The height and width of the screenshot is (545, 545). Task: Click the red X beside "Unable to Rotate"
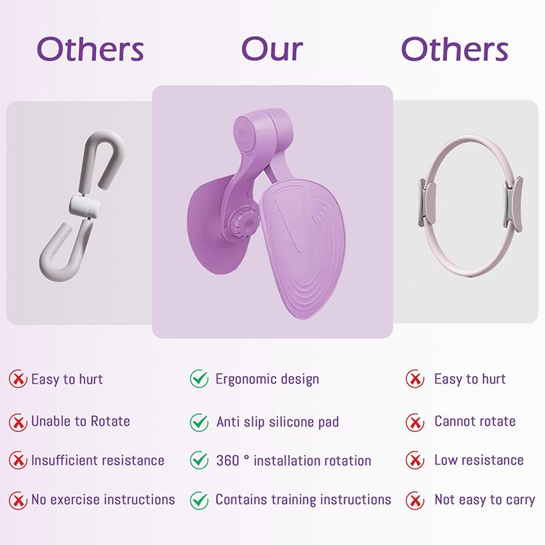[18, 422]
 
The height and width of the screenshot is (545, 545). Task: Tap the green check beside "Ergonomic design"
[199, 379]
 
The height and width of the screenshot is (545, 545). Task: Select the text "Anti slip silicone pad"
[277, 422]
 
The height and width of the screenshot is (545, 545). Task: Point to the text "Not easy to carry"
[484, 500]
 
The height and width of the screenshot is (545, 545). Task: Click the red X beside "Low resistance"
[415, 461]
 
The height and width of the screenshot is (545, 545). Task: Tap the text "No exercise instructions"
[103, 500]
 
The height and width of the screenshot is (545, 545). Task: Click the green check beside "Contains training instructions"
[199, 500]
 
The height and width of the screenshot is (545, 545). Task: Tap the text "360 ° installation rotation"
[294, 461]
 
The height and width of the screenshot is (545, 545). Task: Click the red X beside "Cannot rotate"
[415, 422]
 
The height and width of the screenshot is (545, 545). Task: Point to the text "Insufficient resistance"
[97, 461]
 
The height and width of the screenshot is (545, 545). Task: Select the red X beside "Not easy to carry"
[415, 500]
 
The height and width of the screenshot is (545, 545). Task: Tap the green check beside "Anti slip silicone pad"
[199, 422]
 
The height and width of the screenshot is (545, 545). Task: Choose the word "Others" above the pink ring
[454, 48]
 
